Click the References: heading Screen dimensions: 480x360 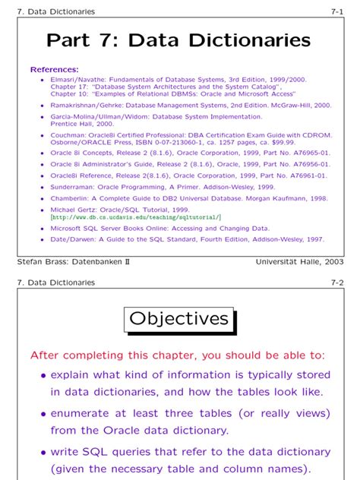point(54,70)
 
